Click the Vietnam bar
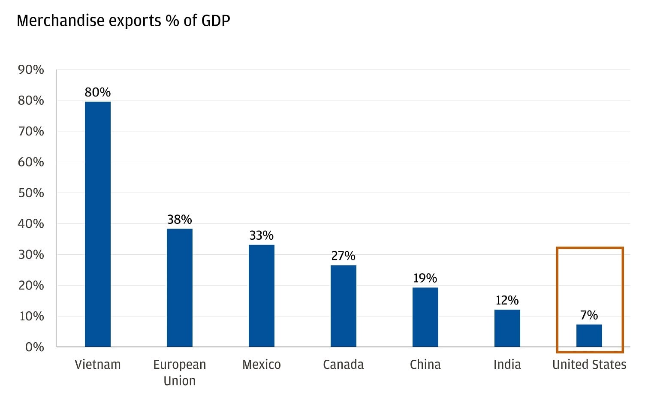(x=98, y=224)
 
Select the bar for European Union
(x=179, y=287)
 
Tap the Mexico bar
(x=261, y=295)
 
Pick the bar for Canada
(x=343, y=306)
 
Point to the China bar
(x=425, y=317)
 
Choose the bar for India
(x=507, y=328)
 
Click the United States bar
(x=589, y=335)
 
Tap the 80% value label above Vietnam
(x=98, y=92)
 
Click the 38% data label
(x=179, y=220)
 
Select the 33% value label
(x=261, y=235)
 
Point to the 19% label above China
(x=425, y=278)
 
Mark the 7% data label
(x=589, y=315)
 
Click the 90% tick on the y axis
(x=31, y=69)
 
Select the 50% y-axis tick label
(x=31, y=193)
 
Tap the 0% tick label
(x=34, y=347)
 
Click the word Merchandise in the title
(x=60, y=21)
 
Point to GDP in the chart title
(x=215, y=21)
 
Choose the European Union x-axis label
(x=179, y=372)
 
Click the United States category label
(x=589, y=365)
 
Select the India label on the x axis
(x=507, y=365)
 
